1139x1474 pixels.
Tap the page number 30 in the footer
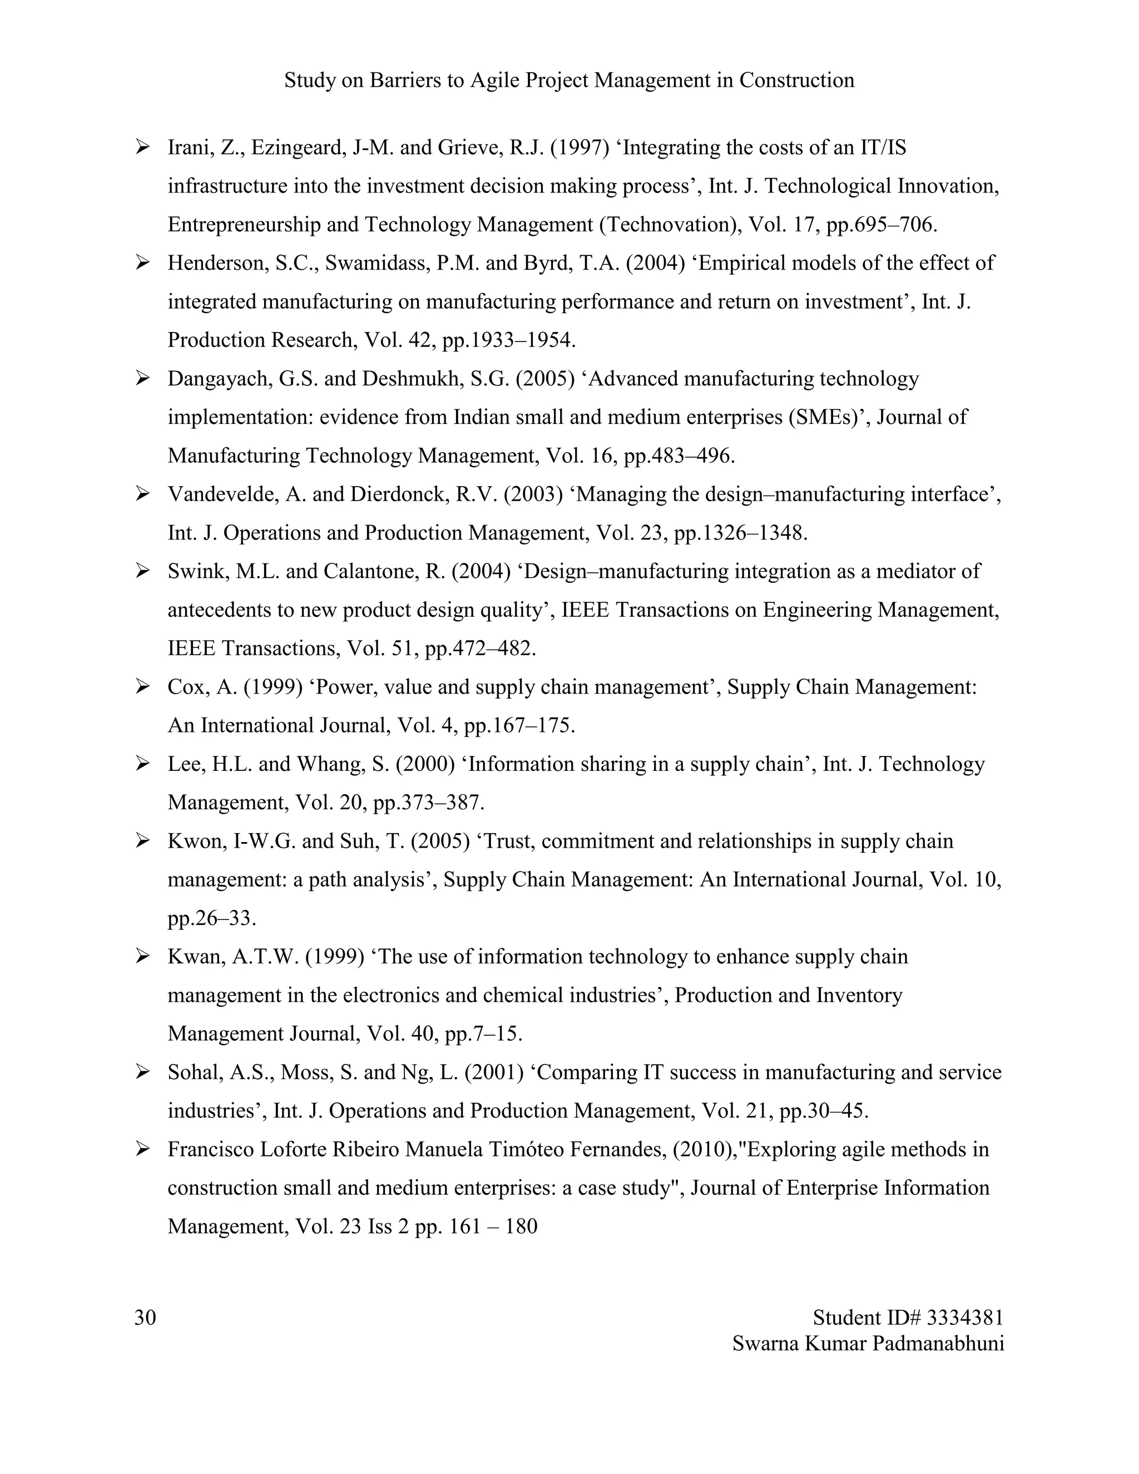(x=145, y=1317)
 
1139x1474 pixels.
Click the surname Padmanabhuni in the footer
(x=937, y=1343)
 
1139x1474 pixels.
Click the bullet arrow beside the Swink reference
(x=142, y=572)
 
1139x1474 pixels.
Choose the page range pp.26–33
(x=211, y=918)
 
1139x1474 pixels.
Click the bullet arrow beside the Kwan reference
(x=142, y=956)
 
